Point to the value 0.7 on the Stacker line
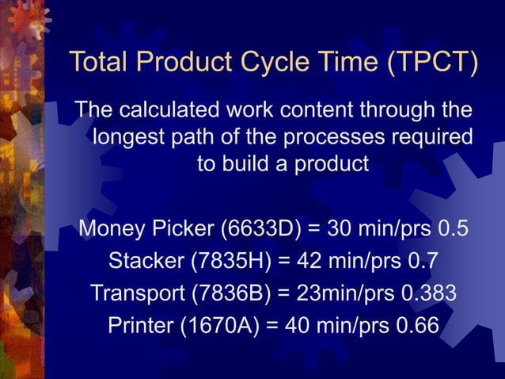[420, 261]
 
